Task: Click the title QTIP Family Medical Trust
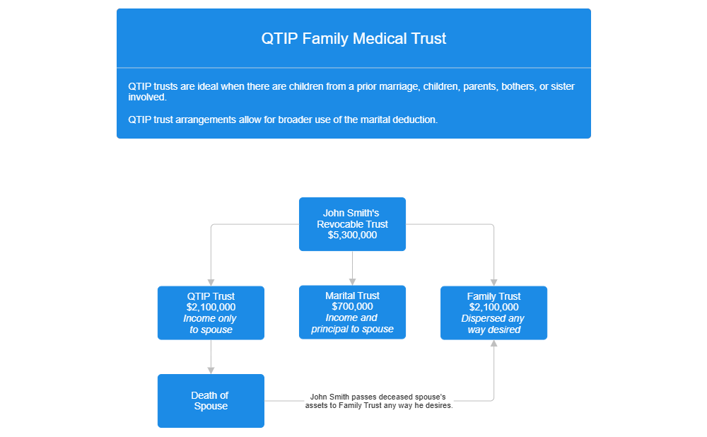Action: click(x=353, y=39)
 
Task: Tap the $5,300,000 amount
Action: click(x=352, y=235)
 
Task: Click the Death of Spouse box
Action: click(x=211, y=401)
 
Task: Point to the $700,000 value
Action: click(x=352, y=307)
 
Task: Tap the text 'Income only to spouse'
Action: click(x=211, y=325)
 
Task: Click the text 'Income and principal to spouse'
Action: click(x=352, y=324)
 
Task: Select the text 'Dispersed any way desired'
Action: click(x=493, y=325)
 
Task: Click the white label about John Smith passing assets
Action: click(x=379, y=401)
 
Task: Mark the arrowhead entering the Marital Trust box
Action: click(x=352, y=281)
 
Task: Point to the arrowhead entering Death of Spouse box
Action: click(x=211, y=370)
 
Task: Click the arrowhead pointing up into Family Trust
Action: click(x=493, y=344)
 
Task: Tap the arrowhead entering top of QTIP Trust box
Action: click(x=211, y=281)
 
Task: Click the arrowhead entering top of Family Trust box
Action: click(x=493, y=281)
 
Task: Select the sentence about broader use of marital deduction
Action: click(x=283, y=120)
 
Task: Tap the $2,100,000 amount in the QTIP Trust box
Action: click(x=211, y=308)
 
